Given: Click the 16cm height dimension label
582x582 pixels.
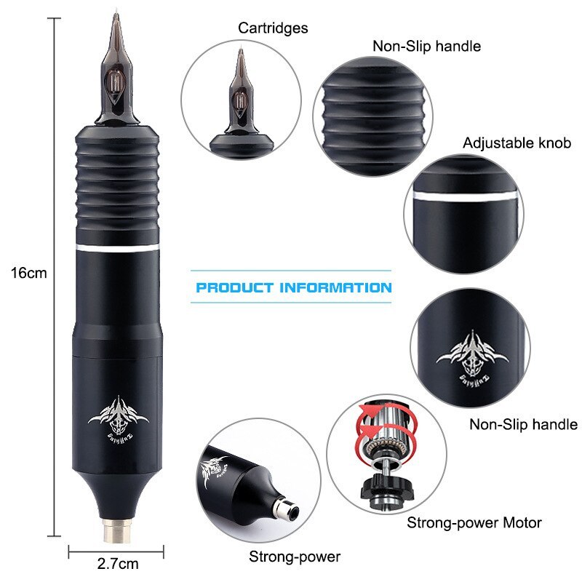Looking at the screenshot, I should point(29,274).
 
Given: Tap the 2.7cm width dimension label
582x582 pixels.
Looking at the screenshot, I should point(118,562).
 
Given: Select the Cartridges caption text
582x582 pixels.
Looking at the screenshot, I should point(273,28).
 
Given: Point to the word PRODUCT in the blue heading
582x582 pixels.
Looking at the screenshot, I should point(236,287).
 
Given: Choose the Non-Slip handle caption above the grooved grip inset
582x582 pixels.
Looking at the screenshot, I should point(427,47).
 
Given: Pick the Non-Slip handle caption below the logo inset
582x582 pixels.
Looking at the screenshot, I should point(523,424).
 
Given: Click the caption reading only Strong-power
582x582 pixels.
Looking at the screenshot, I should point(294,557).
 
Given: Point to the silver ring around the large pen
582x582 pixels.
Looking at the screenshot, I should point(116,249).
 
